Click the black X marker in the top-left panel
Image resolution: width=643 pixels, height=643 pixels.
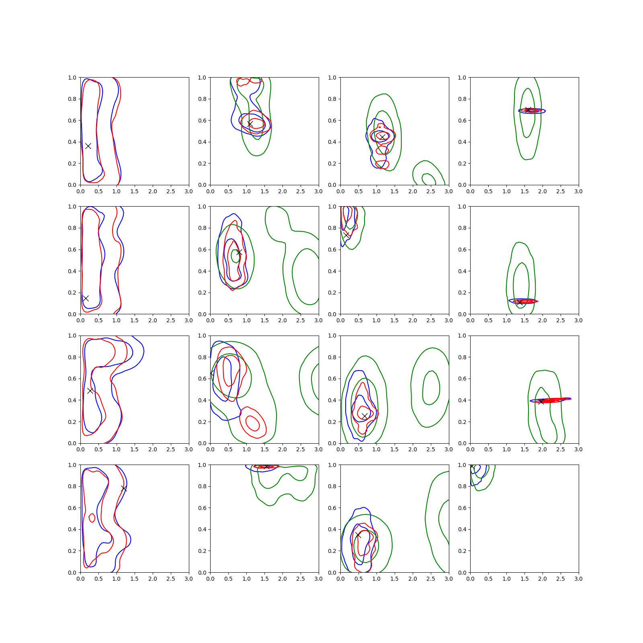[88, 146]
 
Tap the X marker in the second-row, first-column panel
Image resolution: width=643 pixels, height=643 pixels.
[86, 298]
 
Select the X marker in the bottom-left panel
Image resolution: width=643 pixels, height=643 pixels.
[124, 488]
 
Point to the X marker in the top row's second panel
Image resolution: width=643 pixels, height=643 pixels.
[250, 124]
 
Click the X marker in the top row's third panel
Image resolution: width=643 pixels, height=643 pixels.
[382, 137]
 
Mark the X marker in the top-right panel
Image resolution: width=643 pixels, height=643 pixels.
[528, 110]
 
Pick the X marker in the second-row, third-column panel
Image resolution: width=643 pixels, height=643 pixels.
[346, 235]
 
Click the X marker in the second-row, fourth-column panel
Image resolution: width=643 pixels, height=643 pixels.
[520, 302]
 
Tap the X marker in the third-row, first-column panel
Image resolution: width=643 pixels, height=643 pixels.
[90, 390]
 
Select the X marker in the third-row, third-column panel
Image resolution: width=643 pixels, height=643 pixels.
[365, 416]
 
